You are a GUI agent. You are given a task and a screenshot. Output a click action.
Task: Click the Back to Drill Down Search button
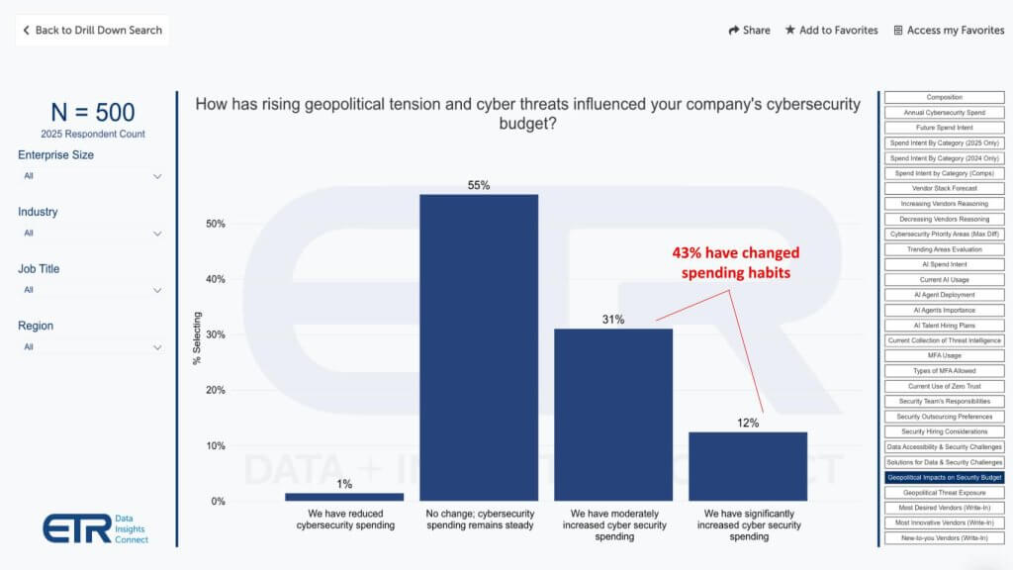pyautogui.click(x=93, y=30)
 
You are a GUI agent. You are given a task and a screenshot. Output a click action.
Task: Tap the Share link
pyautogui.click(x=749, y=30)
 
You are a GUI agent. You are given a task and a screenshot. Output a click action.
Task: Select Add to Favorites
pyautogui.click(x=831, y=30)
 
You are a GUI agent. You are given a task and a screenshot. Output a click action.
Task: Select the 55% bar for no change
pyautogui.click(x=479, y=346)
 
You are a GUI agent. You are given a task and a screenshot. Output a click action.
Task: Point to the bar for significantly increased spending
pyautogui.click(x=748, y=465)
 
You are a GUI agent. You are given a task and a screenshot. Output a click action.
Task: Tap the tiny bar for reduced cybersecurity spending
pyautogui.click(x=344, y=496)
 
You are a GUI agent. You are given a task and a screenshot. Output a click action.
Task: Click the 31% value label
pyautogui.click(x=613, y=320)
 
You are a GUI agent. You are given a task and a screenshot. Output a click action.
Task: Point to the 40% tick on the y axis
pyautogui.click(x=215, y=279)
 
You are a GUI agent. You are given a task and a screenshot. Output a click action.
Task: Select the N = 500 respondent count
pyautogui.click(x=93, y=113)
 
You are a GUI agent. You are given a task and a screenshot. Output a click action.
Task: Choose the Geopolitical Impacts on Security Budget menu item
pyautogui.click(x=944, y=477)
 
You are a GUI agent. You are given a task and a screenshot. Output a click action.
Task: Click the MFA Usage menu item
pyautogui.click(x=944, y=355)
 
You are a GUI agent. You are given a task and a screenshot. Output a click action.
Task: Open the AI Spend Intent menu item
pyautogui.click(x=944, y=264)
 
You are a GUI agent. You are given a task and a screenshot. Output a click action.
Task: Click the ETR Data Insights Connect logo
pyautogui.click(x=95, y=527)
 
